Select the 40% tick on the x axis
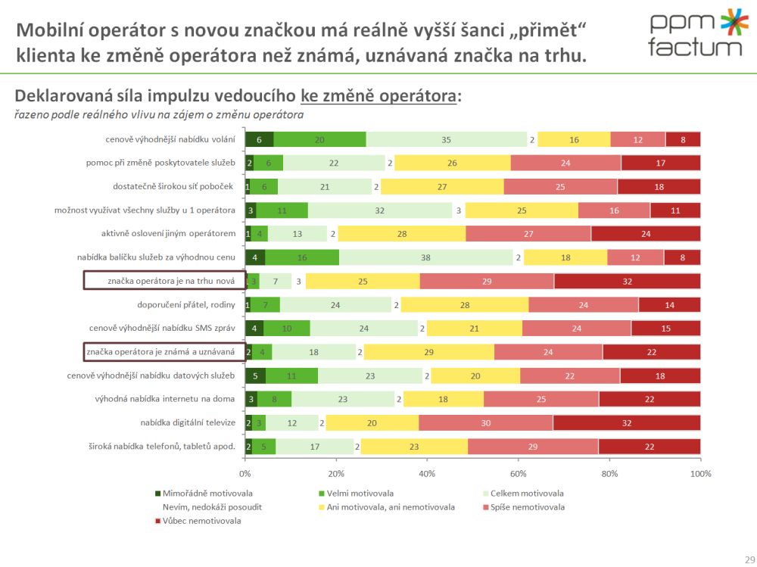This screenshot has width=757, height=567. point(427,473)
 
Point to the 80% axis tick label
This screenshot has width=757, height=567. point(609,473)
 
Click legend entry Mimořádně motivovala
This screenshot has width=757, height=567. point(202,492)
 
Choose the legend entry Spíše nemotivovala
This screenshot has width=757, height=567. point(528,506)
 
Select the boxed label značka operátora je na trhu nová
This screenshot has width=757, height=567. point(164,281)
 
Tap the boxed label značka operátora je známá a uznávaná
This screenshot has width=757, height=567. point(164,352)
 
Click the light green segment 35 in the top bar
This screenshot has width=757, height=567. point(447,139)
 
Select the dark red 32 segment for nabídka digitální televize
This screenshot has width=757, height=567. point(626,422)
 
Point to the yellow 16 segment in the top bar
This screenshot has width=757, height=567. point(574,139)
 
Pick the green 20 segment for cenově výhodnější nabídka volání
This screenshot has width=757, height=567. point(319,139)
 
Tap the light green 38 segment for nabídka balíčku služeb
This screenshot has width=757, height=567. point(426,257)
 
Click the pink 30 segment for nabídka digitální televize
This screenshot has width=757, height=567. point(485,422)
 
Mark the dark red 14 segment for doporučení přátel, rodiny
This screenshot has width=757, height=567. point(669,305)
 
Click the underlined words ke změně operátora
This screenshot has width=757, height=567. point(379,97)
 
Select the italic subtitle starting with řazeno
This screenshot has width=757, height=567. point(159,115)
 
